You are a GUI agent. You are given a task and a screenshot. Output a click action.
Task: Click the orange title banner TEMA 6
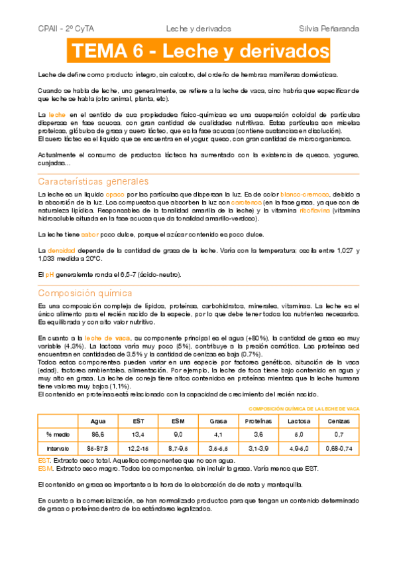199,51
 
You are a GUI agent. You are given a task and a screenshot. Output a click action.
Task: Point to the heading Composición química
85,293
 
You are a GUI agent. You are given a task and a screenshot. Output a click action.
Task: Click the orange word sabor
90,234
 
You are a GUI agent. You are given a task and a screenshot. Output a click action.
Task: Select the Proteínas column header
258,421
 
